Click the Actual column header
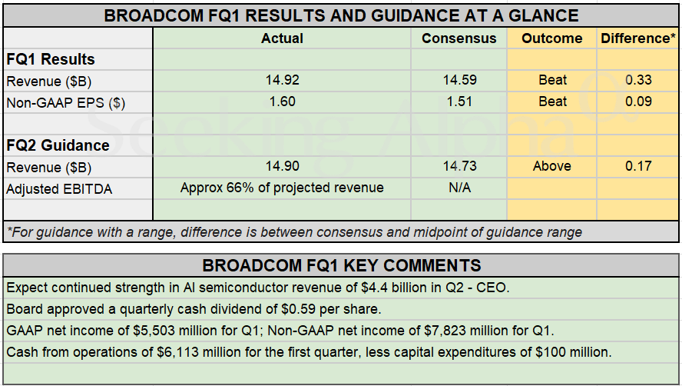pos(282,38)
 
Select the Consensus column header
pos(459,38)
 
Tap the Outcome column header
pos(552,38)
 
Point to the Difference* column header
pos(637,38)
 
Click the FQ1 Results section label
pos(51,59)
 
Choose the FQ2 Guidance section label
pos(58,145)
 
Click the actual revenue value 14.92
pos(282,80)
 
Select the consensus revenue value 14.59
pos(459,80)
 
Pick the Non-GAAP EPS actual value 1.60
pos(282,101)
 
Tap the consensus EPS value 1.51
pos(459,101)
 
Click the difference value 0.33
pos(638,80)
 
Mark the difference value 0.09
pos(638,101)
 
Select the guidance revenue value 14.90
pos(282,166)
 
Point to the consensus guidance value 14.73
pos(459,166)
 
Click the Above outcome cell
pos(552,166)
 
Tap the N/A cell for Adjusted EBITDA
pos(459,188)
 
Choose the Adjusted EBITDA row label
pos(59,188)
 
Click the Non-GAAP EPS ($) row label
pos(67,101)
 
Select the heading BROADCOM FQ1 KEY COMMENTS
pos(342,266)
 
